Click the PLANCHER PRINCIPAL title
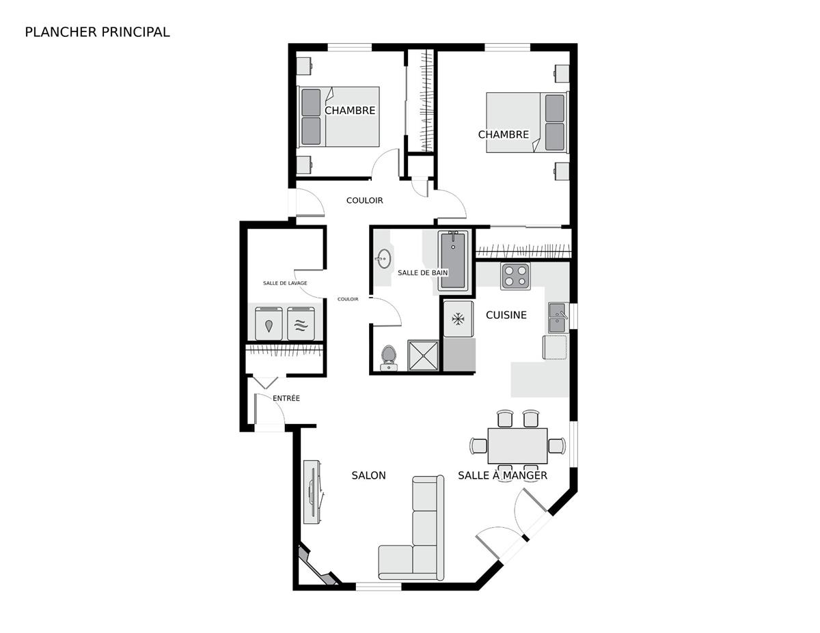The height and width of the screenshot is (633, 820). coord(97,32)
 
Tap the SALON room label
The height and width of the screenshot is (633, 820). coord(368,475)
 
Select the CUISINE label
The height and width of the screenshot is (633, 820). coord(506,315)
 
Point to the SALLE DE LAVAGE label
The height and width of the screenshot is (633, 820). coord(285,283)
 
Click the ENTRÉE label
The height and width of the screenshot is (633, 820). coord(286,397)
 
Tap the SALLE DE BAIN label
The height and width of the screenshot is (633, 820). coord(422,272)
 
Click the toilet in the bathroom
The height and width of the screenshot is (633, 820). coord(388,358)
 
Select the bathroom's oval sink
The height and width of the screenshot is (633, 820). coord(383,259)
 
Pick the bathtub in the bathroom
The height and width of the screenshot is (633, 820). coord(453,261)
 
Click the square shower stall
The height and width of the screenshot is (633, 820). coord(423,355)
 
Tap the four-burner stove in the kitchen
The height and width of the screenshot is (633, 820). coord(515,277)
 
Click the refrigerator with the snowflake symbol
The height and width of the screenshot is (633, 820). coord(458,319)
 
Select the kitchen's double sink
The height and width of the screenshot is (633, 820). coord(558,318)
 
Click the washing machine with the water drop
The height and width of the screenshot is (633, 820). coord(269,324)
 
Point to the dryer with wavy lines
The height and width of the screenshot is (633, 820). coord(301,324)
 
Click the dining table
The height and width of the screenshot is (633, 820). coord(517,446)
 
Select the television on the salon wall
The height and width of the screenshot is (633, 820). coord(313,491)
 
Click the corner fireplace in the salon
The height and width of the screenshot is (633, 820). coord(317,565)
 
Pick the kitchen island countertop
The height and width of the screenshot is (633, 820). coord(540,379)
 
